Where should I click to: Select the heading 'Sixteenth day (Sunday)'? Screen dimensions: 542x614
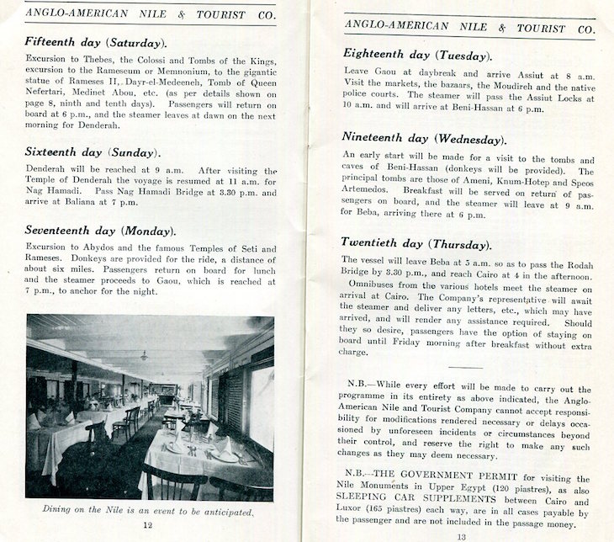[91, 152]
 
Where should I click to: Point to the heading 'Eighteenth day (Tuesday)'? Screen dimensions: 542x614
[416, 55]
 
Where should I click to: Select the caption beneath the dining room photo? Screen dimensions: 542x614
[148, 510]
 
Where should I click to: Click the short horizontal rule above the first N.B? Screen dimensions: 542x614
[465, 366]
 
